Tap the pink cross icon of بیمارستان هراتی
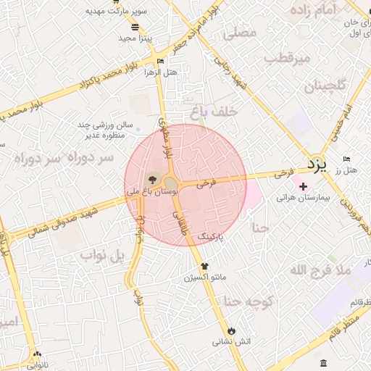303,186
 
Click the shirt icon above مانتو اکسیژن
204,266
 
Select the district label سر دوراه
65,157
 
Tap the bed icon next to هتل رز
346,159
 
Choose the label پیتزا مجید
133,37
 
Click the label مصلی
241,33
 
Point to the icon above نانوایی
37,355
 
